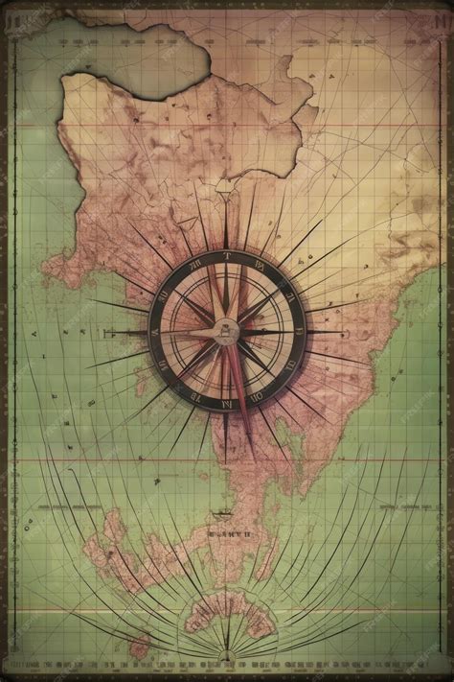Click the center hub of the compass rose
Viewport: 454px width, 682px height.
pos(226,331)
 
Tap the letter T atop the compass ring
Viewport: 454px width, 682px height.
pos(227,257)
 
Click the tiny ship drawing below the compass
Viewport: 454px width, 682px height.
pos(226,513)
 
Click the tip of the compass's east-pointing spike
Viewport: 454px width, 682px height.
pos(347,332)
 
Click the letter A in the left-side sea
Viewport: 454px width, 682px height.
pos(34,334)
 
